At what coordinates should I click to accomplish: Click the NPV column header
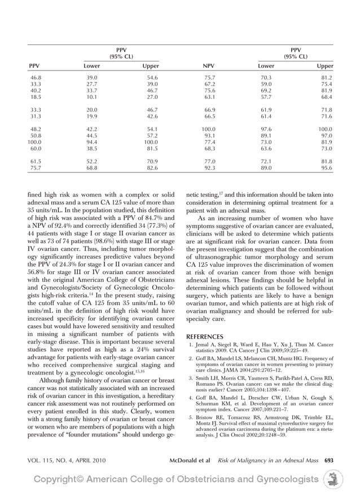coord(209,66)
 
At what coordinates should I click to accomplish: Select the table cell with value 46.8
coord(36,77)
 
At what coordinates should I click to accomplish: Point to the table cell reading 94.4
coord(91,143)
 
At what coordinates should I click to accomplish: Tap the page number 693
coord(328,460)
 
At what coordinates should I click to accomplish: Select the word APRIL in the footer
coord(85,460)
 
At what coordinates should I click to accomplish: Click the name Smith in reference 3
coord(203,378)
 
